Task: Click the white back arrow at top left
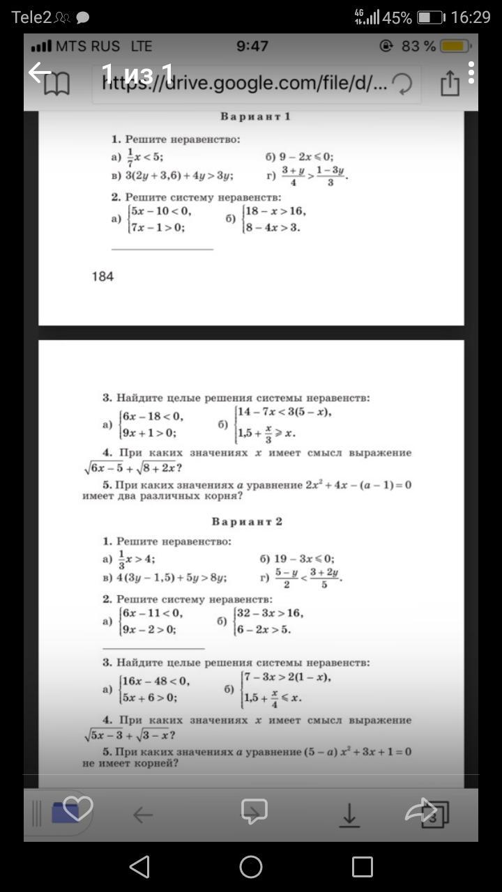(40, 71)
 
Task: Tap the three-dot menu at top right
(472, 72)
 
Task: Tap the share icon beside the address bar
(450, 84)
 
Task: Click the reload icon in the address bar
(402, 84)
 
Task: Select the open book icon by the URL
(56, 85)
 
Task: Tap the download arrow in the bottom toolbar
(349, 814)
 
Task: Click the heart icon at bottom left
(77, 808)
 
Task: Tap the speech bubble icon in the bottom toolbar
(254, 811)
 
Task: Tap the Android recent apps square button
(362, 867)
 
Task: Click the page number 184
(102, 277)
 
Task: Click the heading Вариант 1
(255, 116)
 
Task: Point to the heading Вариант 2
(247, 521)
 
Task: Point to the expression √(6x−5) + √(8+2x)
(132, 468)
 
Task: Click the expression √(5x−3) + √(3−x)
(129, 735)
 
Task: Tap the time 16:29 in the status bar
(471, 17)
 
